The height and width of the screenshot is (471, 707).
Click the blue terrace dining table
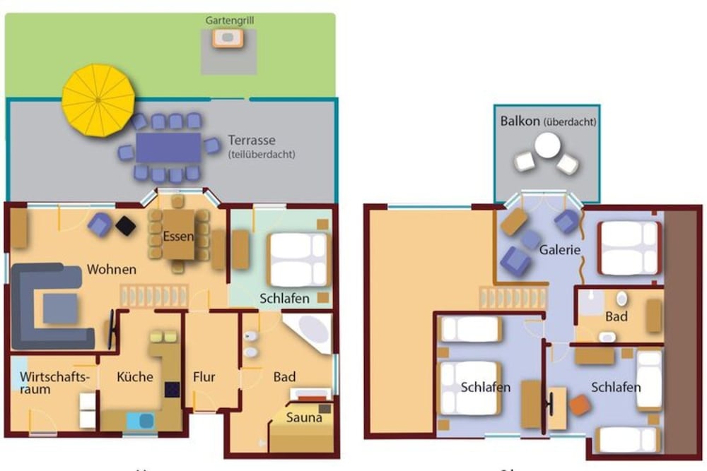pyautogui.click(x=168, y=148)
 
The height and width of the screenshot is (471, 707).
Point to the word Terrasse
pyautogui.click(x=252, y=140)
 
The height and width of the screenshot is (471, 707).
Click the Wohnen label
pyautogui.click(x=112, y=269)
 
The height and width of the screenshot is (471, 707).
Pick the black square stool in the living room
pyautogui.click(x=126, y=225)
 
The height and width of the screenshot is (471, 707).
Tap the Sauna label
pyautogui.click(x=304, y=417)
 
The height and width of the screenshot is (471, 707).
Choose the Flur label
pyautogui.click(x=204, y=377)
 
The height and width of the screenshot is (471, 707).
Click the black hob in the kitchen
pyautogui.click(x=172, y=388)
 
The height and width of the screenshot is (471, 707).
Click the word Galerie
pyautogui.click(x=560, y=250)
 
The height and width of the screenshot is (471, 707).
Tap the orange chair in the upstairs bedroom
pyautogui.click(x=580, y=405)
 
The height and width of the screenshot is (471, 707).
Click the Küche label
pyautogui.click(x=135, y=377)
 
